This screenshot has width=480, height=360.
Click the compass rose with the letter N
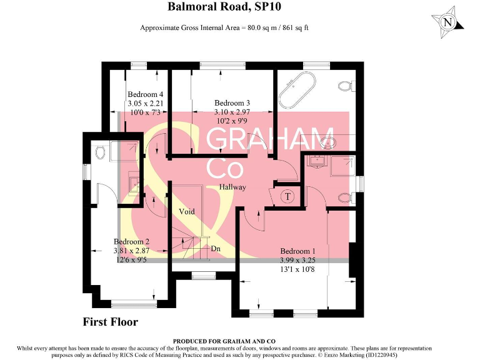point(447,22)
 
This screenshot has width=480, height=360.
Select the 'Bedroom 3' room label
point(232,103)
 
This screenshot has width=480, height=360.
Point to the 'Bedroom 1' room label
point(296,251)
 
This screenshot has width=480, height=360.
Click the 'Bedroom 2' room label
point(131,241)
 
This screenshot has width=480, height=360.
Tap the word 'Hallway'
point(232,187)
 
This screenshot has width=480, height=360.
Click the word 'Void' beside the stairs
point(186,211)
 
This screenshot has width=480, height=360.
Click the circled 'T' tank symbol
point(287,196)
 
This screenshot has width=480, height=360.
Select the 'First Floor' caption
point(110,322)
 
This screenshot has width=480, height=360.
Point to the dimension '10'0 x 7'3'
point(145,112)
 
